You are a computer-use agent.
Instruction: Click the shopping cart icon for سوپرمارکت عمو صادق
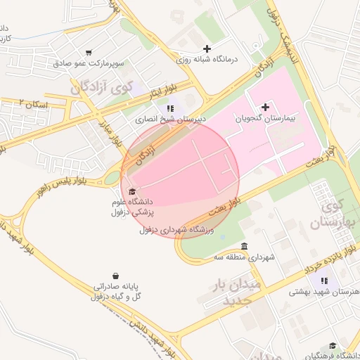89,52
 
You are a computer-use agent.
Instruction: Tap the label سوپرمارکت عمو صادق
89,63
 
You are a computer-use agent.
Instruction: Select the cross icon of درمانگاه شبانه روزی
207,49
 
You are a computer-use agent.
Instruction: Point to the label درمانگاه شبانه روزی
207,59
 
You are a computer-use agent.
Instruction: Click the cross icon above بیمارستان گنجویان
265,107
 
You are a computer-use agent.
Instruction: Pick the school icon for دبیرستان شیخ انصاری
170,108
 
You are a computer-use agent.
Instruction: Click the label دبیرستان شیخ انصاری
171,120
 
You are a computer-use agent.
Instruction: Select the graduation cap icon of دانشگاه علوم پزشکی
131,191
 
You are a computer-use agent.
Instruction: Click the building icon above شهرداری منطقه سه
244,246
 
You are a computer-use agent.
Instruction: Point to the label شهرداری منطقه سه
244,257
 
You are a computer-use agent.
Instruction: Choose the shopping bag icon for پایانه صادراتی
115,276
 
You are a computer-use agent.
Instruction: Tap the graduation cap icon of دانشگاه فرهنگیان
333,346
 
